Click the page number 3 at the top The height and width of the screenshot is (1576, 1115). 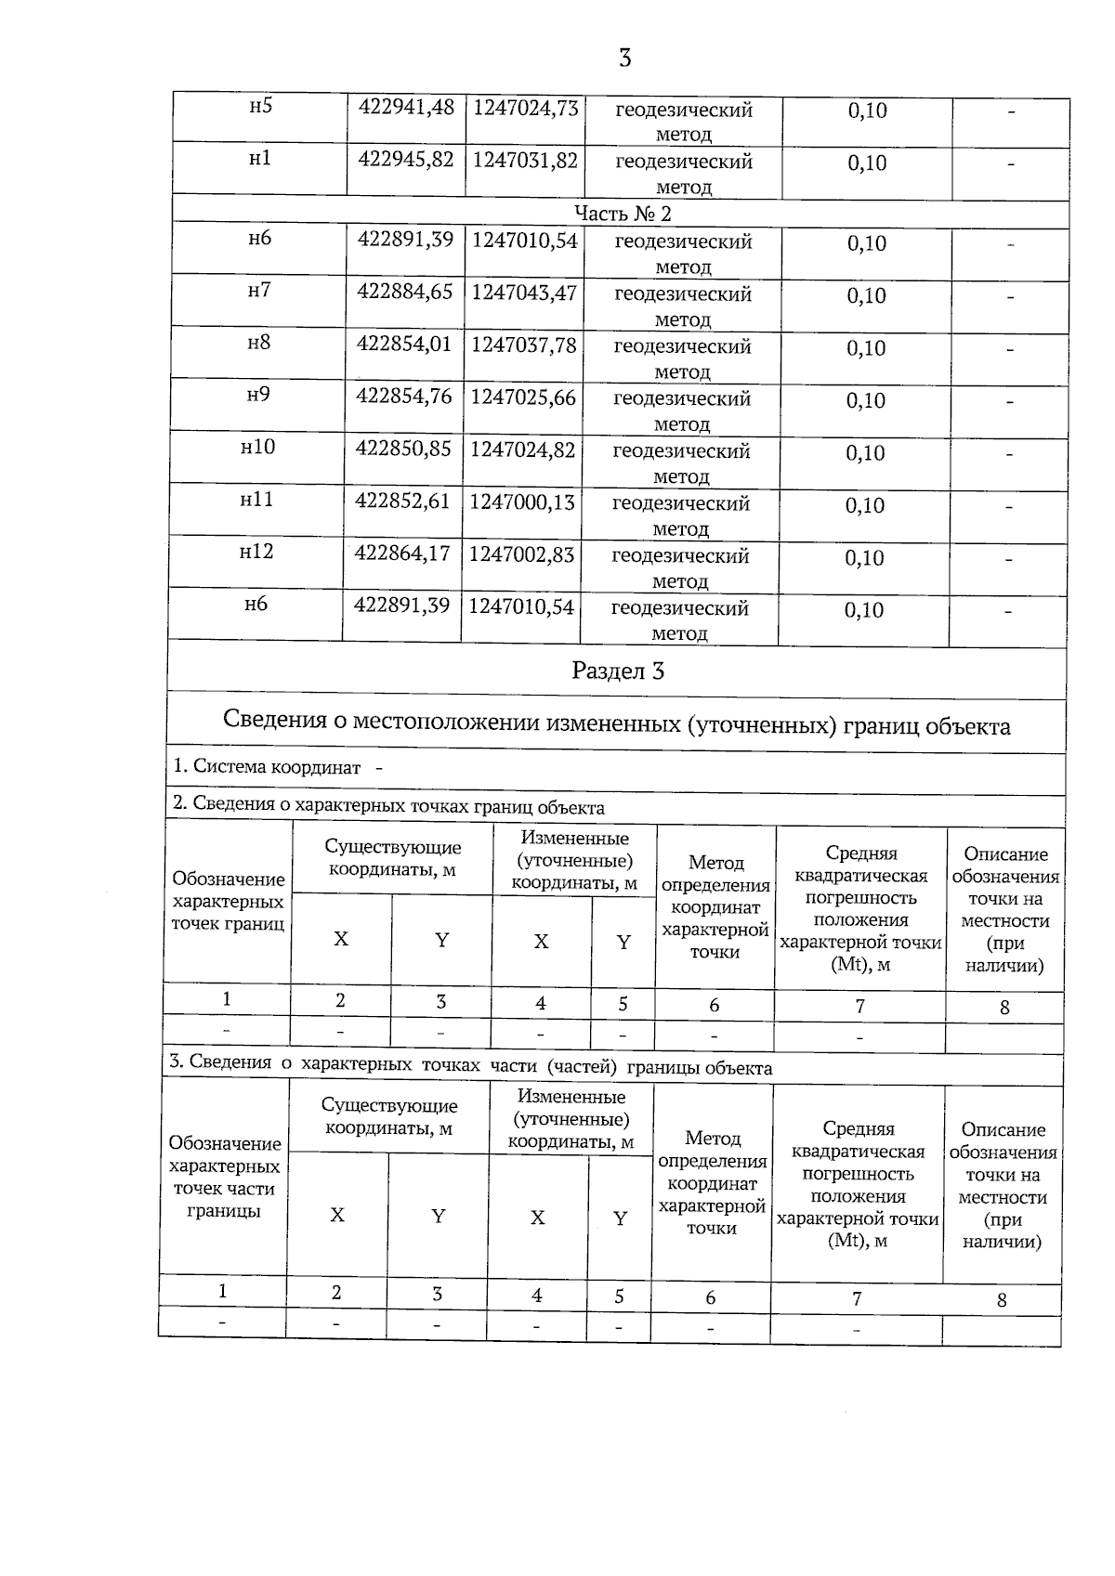tap(624, 59)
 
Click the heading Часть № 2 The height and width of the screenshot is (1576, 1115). tap(623, 214)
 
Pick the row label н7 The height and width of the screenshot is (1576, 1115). tap(259, 291)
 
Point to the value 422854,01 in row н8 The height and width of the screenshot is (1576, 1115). tap(404, 345)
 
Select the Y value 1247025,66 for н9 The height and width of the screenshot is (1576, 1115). tap(523, 397)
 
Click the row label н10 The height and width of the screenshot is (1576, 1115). tap(257, 448)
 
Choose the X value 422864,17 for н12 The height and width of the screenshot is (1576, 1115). tap(402, 554)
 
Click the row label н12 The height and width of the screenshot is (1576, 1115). tap(256, 553)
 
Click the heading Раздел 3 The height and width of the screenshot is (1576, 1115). tap(618, 671)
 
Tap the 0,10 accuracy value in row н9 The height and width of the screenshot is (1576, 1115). tap(865, 401)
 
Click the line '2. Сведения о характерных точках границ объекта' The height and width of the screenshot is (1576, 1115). tap(388, 806)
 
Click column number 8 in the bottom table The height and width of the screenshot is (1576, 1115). tap(1002, 1301)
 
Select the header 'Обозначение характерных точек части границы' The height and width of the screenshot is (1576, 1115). tap(224, 1178)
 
